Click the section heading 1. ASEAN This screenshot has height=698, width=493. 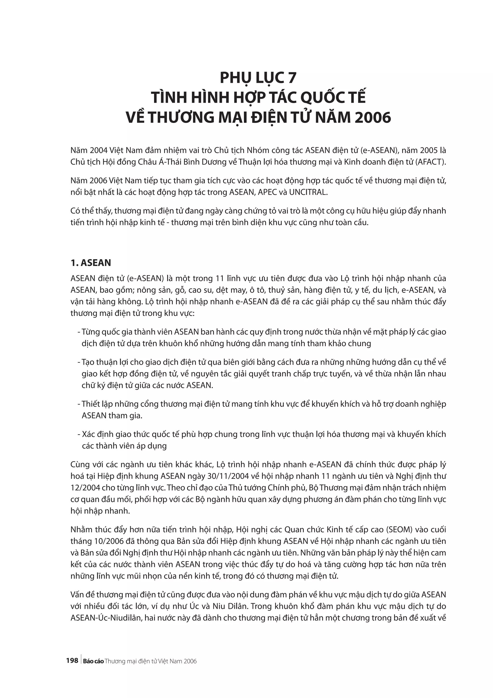tap(91, 263)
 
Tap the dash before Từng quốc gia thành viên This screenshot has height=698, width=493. tap(79, 332)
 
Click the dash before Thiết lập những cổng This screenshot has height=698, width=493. tap(79, 404)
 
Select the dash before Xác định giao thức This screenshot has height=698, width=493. tap(79, 434)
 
